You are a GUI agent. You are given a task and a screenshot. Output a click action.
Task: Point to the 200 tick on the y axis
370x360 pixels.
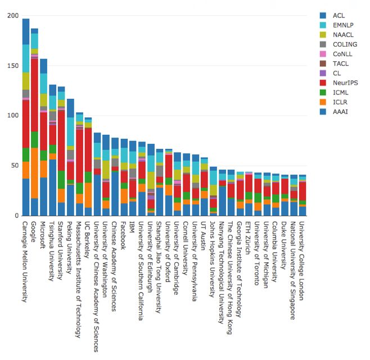coord(12,16)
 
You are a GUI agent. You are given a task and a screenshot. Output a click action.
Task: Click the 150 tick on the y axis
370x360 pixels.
coord(12,66)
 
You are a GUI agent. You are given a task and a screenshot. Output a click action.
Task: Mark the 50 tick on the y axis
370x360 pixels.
coord(13,166)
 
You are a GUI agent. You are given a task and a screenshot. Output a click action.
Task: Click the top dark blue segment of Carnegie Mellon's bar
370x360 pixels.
coord(26,31)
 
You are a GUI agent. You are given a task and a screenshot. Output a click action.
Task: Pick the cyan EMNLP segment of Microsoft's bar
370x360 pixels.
coord(44,83)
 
